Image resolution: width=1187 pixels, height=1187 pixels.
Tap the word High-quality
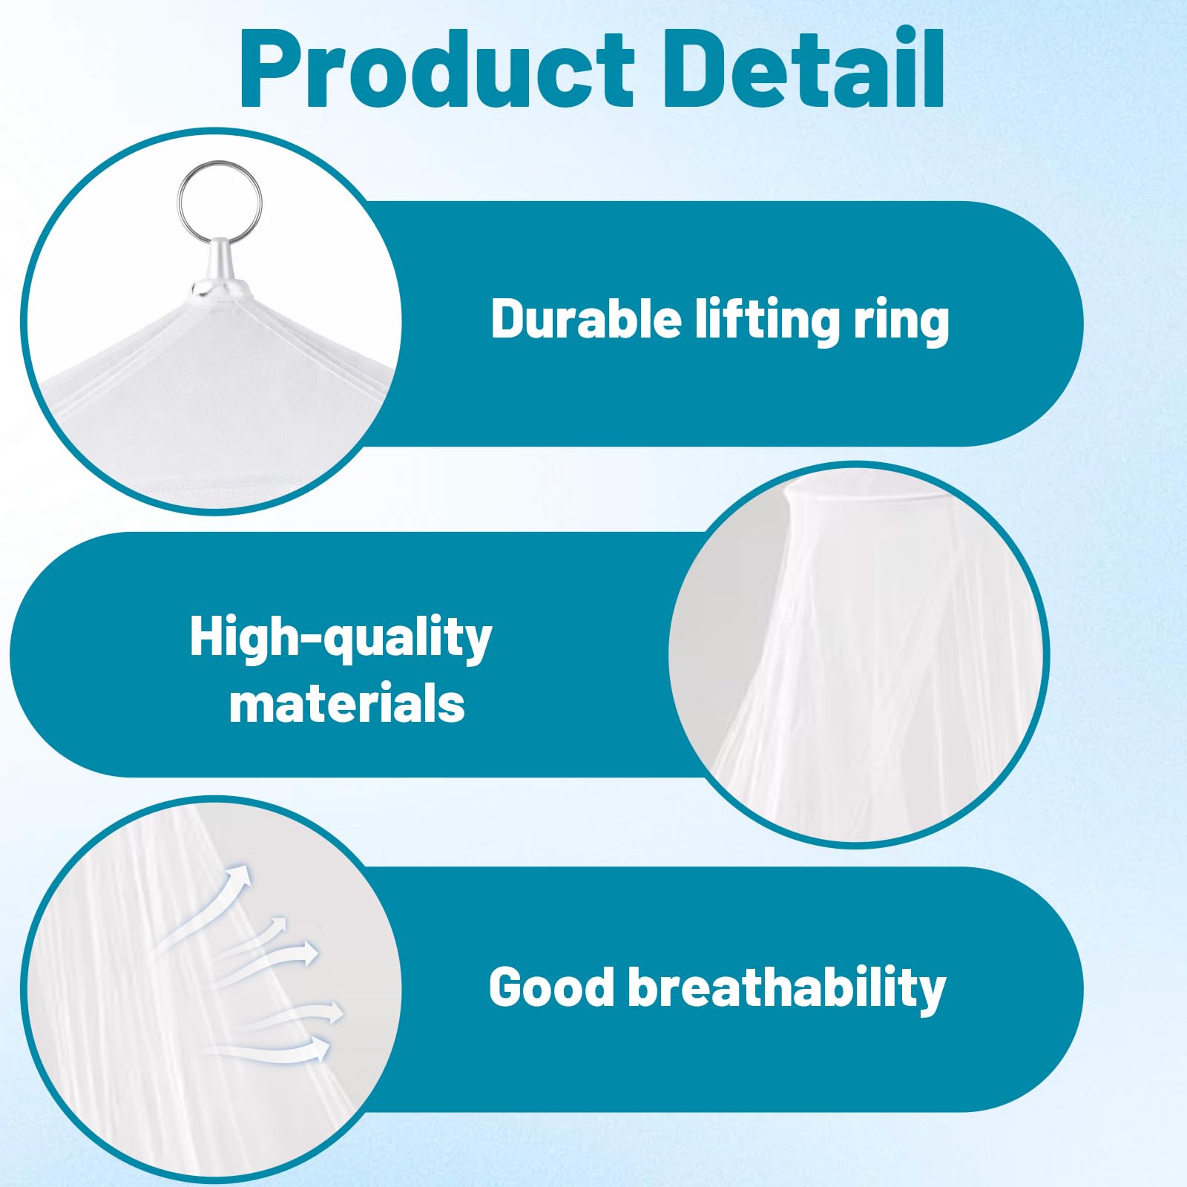click(x=341, y=638)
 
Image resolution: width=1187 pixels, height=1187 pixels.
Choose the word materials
click(x=346, y=703)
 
